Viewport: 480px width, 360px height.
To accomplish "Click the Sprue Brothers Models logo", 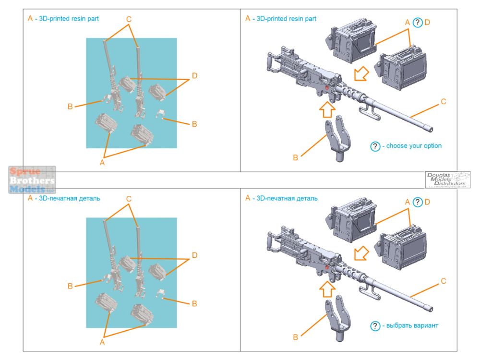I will click(x=32, y=180).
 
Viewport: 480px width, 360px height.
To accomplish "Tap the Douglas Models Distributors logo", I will click(x=447, y=180).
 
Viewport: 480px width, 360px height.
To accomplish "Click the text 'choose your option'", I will click(x=414, y=146).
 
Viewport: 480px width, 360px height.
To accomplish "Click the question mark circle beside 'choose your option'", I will click(x=375, y=146).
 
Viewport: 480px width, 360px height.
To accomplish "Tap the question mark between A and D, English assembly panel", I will click(x=418, y=22).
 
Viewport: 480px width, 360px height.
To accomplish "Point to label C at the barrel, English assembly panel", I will click(x=443, y=101).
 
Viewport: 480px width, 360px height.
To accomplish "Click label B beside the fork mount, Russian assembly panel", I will click(x=295, y=337).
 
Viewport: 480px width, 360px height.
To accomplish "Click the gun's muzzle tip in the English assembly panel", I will click(x=430, y=129).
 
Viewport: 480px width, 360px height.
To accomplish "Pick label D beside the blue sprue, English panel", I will click(x=194, y=76).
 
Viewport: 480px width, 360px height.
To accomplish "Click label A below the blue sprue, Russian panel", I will click(x=102, y=342).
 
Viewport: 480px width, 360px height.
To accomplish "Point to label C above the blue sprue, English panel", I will click(x=129, y=19).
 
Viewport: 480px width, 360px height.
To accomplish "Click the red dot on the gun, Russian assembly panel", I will click(x=327, y=267).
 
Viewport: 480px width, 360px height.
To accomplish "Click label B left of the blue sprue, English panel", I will click(x=70, y=106).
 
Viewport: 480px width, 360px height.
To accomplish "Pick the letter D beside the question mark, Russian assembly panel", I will click(x=427, y=202).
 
